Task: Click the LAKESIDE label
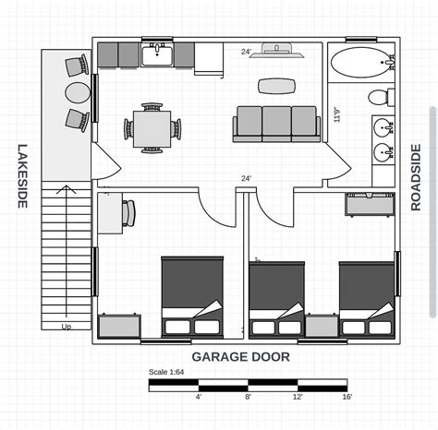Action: pyautogui.click(x=22, y=175)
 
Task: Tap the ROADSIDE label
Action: pyautogui.click(x=416, y=177)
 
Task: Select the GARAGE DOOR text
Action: pyautogui.click(x=240, y=356)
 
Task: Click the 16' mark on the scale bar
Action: pyautogui.click(x=347, y=398)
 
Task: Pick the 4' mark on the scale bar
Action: pyautogui.click(x=199, y=398)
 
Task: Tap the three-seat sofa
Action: pyautogui.click(x=276, y=124)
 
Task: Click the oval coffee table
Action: pyautogui.click(x=276, y=86)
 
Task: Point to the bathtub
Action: pyautogui.click(x=362, y=64)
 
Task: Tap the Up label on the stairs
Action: pyautogui.click(x=67, y=327)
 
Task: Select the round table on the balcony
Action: pyautogui.click(x=76, y=92)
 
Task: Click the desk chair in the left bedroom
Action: pyautogui.click(x=128, y=213)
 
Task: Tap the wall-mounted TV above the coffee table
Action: pyautogui.click(x=276, y=51)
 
